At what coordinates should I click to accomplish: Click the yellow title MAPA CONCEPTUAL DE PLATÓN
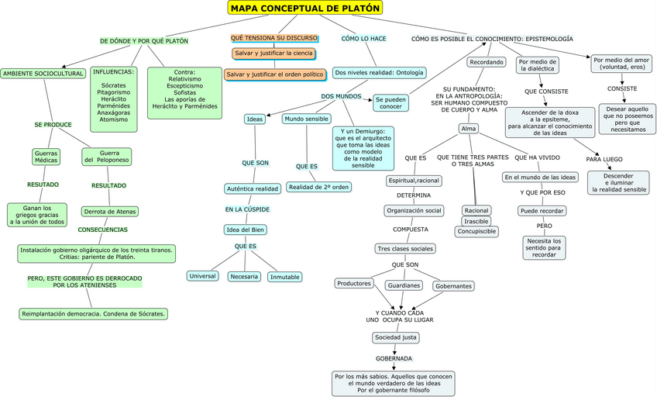tap(305, 9)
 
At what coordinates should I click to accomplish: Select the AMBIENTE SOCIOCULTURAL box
tap(43, 74)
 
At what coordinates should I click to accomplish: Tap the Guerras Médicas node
tap(46, 157)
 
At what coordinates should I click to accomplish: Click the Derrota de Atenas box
tap(109, 212)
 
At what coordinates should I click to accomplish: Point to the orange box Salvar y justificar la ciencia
tap(272, 54)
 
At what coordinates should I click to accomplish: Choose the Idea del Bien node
tap(245, 230)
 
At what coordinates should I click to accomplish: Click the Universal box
tap(202, 276)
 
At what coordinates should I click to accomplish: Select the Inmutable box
tap(284, 277)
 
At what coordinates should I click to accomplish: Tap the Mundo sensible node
tap(306, 119)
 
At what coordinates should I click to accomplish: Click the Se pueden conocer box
tap(390, 103)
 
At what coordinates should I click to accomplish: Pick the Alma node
tap(468, 129)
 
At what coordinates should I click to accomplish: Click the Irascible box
tap(476, 221)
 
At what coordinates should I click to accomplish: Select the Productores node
tap(354, 283)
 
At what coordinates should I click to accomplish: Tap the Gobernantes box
tap(454, 286)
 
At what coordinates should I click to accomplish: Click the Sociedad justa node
tap(396, 337)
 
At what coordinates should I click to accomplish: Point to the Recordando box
tap(486, 62)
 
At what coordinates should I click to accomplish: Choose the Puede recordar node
tap(542, 211)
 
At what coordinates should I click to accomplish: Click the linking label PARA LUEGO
tap(604, 159)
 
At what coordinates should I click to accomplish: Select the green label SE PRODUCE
tap(53, 124)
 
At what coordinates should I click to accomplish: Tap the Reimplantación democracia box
tap(94, 314)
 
